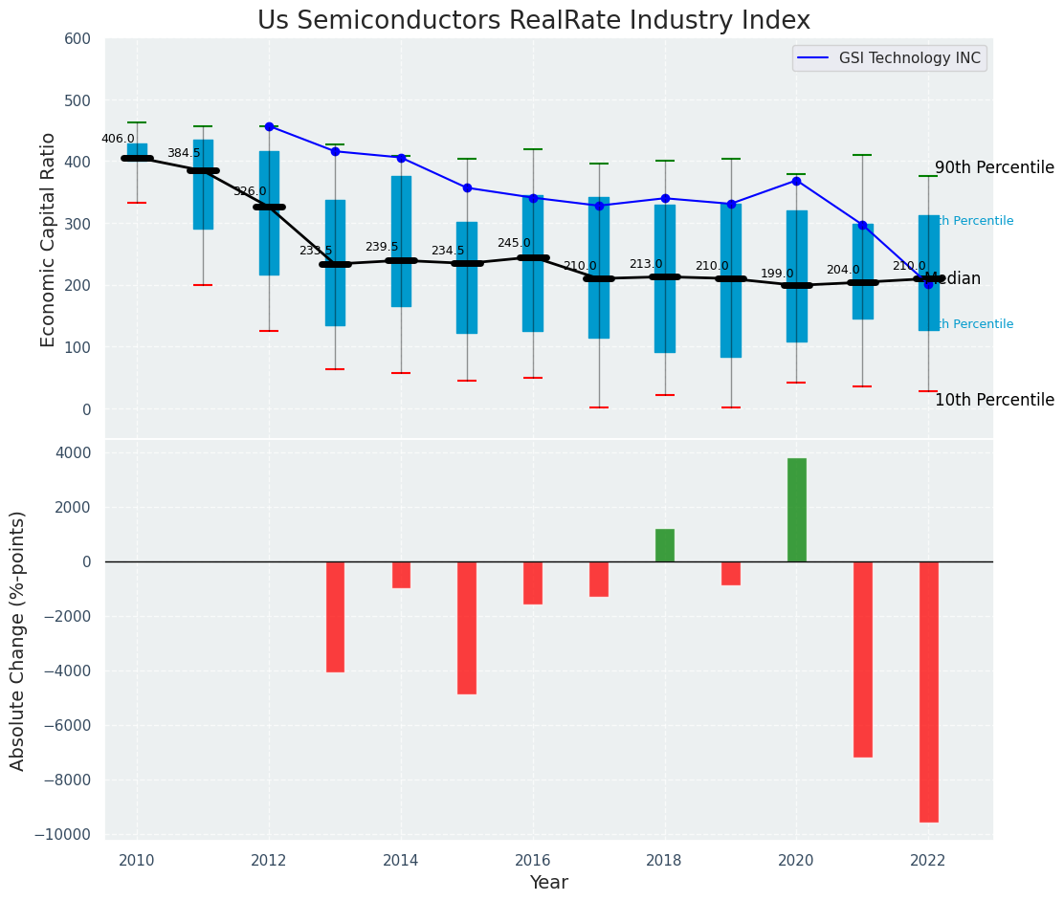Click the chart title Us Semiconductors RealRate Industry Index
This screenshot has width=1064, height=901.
pos(533,21)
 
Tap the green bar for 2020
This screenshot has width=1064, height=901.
pos(796,510)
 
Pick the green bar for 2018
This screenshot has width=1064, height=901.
pos(664,545)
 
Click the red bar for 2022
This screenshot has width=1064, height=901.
pos(928,692)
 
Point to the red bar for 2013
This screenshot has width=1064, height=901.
pos(335,617)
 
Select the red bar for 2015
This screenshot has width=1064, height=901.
pos(467,627)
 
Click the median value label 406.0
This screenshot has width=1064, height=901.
pos(118,139)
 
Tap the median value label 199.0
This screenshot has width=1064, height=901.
pos(777,274)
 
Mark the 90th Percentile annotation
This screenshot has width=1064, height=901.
pos(994,168)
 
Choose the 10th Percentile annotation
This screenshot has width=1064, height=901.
pos(994,400)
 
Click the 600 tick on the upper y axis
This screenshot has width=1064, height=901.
pos(78,39)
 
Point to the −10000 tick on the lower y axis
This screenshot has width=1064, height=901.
pos(63,835)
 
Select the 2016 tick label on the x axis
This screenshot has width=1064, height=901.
pos(533,860)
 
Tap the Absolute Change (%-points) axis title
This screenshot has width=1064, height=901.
pos(18,640)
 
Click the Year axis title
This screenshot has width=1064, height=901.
pos(548,883)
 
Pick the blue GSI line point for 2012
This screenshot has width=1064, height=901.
pos(269,126)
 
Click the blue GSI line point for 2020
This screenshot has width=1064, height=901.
pos(796,181)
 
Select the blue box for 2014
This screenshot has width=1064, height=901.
pos(401,241)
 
